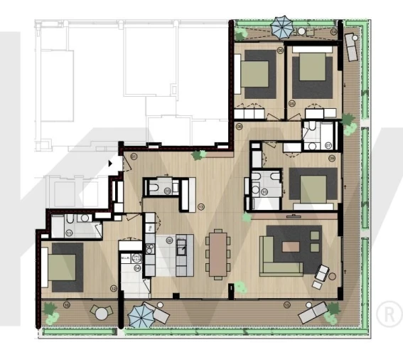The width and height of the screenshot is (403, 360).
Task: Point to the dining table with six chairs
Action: click(x=217, y=251)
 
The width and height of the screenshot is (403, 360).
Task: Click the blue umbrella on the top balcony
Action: click(x=280, y=27)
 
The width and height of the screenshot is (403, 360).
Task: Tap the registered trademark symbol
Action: click(x=388, y=313)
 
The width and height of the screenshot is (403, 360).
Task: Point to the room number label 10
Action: click(x=264, y=191)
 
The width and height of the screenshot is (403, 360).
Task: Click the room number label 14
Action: click(x=333, y=33)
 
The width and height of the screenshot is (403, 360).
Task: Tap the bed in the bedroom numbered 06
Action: click(x=254, y=74)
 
